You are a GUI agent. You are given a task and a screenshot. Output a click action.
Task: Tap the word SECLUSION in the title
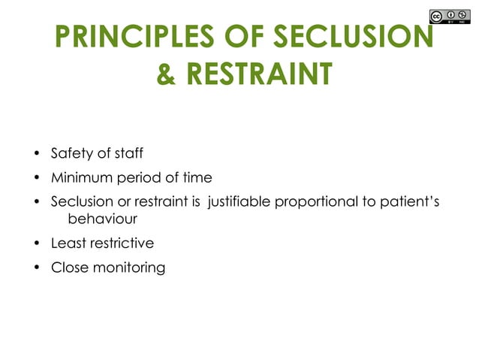pos(351,37)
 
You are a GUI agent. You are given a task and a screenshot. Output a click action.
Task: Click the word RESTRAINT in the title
pos(259,75)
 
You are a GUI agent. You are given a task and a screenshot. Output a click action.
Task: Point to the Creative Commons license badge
pos(453,17)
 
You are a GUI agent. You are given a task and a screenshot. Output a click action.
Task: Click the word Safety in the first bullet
pos(70,154)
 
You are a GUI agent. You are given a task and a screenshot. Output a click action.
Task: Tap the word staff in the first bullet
pos(126,154)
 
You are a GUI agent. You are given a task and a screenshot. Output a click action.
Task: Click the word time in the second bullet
pos(196,178)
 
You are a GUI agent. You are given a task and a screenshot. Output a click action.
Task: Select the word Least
pos(68,243)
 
